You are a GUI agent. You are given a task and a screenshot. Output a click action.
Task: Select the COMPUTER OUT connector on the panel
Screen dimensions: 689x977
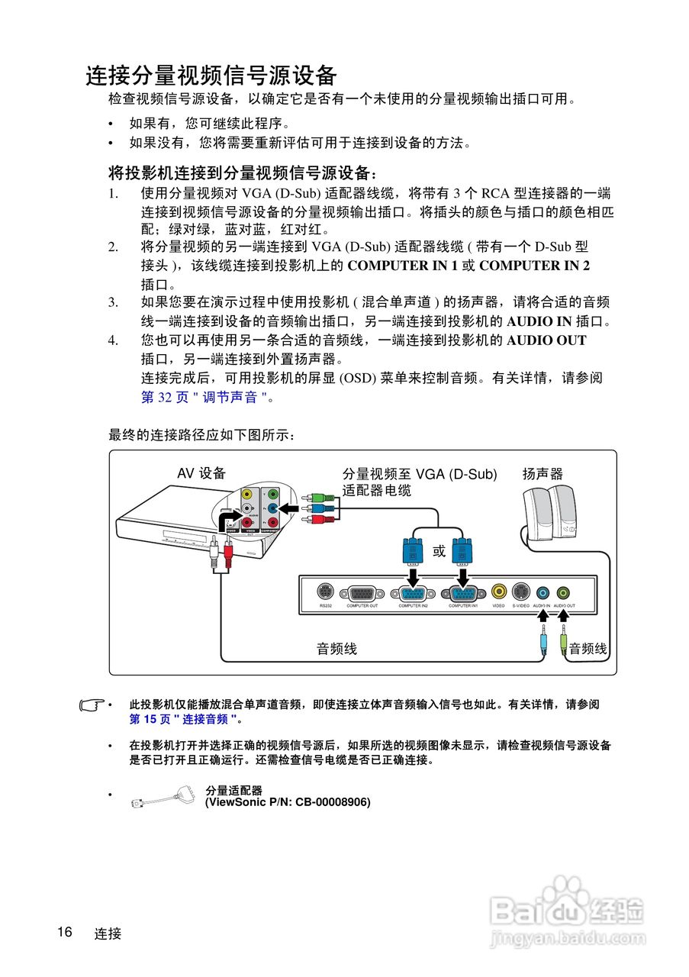(x=362, y=594)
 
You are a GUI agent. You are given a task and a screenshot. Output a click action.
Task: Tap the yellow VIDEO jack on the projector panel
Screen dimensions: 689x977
(x=498, y=592)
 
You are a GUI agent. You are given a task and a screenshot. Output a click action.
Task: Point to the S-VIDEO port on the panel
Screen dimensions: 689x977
(x=520, y=592)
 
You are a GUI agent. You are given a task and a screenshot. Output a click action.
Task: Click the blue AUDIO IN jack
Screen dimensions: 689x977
(x=542, y=592)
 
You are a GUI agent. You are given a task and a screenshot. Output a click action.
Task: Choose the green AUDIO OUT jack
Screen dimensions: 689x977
(x=563, y=592)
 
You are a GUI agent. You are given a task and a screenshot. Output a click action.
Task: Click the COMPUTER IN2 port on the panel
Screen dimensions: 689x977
(x=413, y=594)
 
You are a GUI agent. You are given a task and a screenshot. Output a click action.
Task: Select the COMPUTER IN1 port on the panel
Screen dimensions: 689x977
(x=463, y=594)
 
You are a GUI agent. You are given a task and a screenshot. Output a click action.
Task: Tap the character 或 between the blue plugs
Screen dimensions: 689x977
(x=439, y=551)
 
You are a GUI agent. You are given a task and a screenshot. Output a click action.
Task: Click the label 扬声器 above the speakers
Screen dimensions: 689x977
(x=543, y=474)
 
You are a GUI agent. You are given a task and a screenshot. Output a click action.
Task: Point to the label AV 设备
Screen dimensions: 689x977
(x=201, y=474)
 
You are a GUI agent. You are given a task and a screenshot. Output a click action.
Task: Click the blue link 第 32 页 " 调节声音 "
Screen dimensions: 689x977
(x=204, y=398)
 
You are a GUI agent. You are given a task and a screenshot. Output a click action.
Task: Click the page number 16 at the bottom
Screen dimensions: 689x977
(x=64, y=932)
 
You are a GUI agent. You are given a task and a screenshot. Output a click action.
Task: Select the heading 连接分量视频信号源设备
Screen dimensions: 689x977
(x=211, y=76)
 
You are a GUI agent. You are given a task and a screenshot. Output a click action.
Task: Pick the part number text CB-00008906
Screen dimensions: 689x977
(x=331, y=802)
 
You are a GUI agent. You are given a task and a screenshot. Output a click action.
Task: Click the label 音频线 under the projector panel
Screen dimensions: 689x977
(x=336, y=649)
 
